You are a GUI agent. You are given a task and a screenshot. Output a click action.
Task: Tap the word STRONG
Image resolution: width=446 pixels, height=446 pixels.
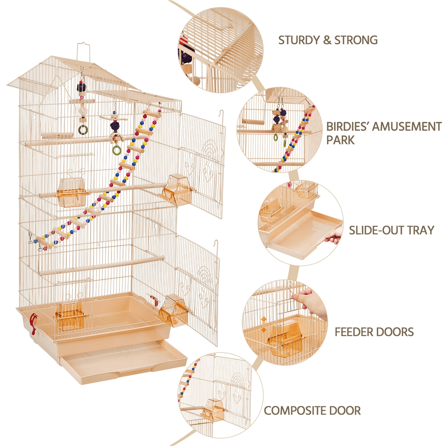coord(355,40)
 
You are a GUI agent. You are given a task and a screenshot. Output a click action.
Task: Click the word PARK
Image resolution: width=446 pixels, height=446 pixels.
coord(340,140)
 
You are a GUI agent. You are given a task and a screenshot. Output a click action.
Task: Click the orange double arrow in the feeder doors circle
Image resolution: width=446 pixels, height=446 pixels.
coord(264,324)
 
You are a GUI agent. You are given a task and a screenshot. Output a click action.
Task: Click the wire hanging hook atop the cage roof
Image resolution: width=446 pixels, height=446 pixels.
coord(83,49)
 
